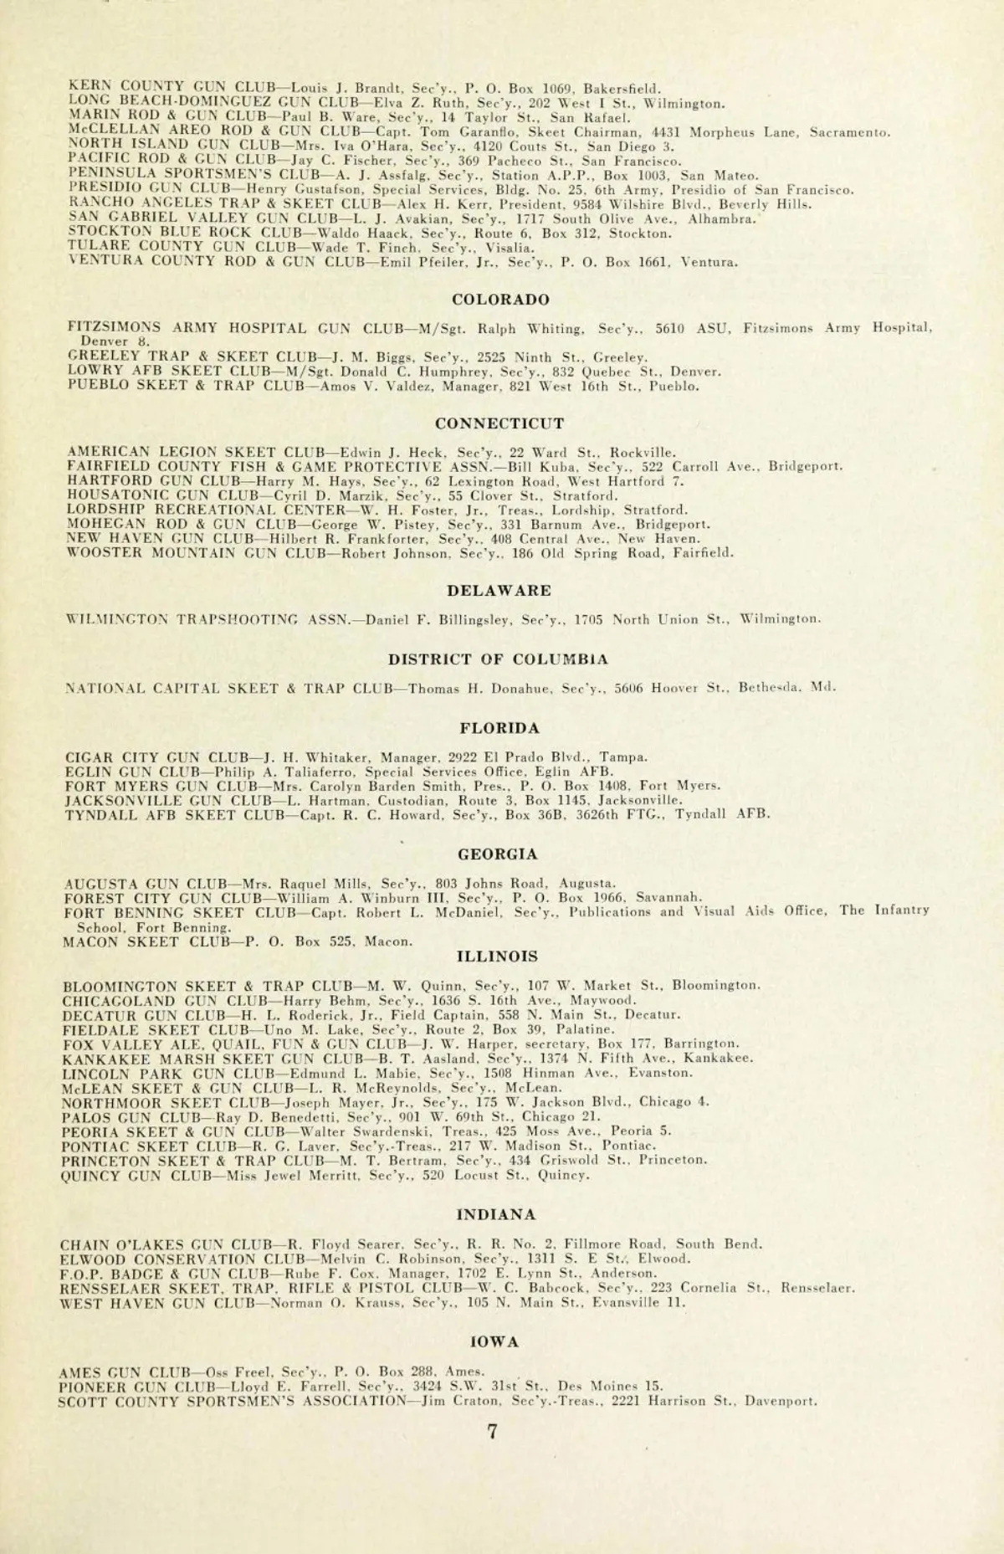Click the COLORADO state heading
pyautogui.click(x=500, y=300)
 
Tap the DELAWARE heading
pyautogui.click(x=499, y=591)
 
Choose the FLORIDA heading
pyautogui.click(x=500, y=727)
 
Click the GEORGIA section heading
pyautogui.click(x=498, y=854)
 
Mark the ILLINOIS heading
pyautogui.click(x=498, y=956)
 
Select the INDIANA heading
pyautogui.click(x=498, y=1213)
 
